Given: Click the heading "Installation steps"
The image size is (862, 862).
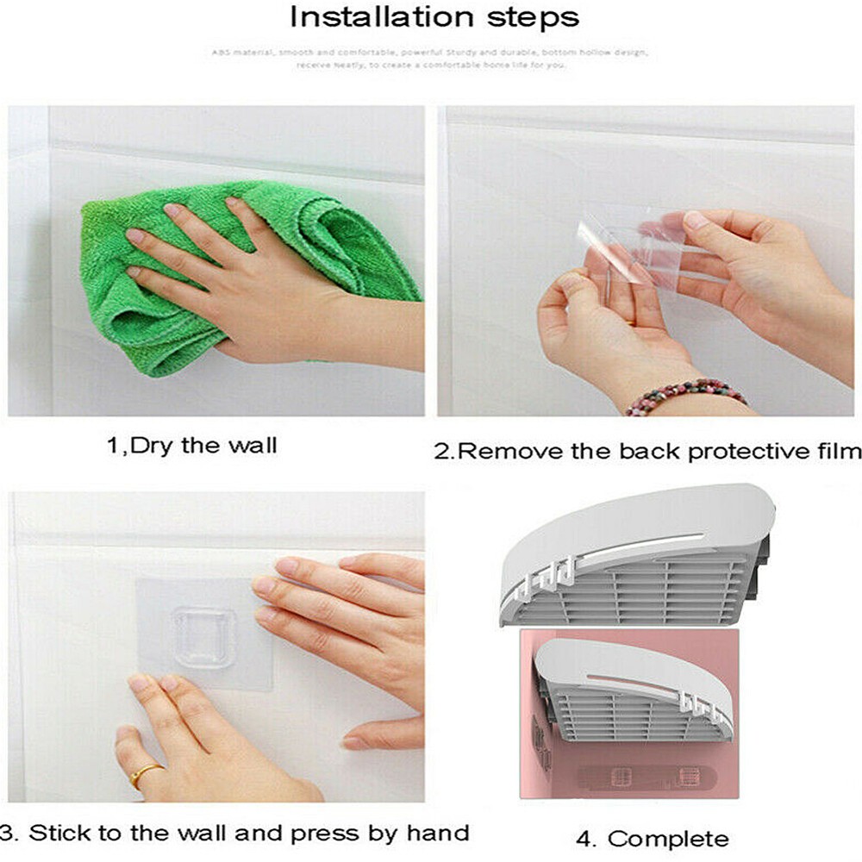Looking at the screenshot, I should tap(434, 17).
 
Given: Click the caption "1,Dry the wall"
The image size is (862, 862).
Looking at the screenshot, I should tap(191, 446).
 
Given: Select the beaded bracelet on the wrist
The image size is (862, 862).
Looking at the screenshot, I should tap(685, 395).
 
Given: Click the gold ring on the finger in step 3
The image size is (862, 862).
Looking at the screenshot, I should tap(146, 773).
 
